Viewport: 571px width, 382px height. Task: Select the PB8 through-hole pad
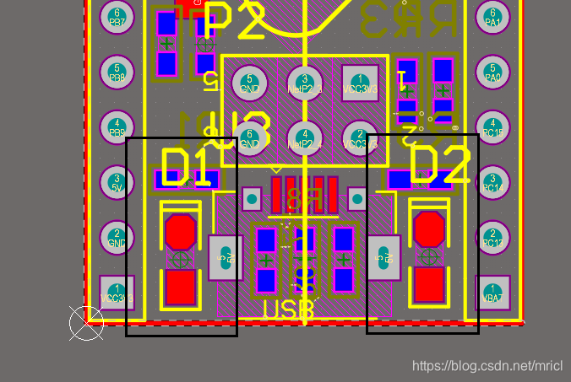[x=117, y=70]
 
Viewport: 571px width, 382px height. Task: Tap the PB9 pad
[x=117, y=126]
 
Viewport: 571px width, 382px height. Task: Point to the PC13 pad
[x=492, y=237]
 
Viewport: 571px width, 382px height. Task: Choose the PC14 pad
[x=492, y=181]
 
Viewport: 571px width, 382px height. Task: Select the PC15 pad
[x=492, y=126]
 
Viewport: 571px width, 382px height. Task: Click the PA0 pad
[x=492, y=70]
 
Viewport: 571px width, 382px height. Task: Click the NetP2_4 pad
[x=304, y=137]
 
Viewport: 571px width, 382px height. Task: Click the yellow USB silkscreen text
[x=288, y=310]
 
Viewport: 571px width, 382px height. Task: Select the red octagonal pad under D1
[x=180, y=231]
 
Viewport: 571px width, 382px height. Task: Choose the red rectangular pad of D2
[x=429, y=284]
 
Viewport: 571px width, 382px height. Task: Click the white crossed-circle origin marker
[x=86, y=323]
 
